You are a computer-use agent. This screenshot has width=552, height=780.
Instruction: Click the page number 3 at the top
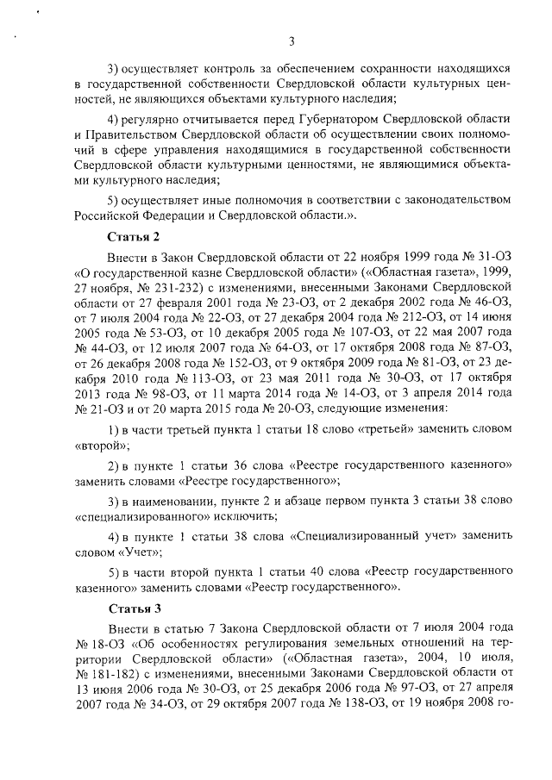(x=292, y=41)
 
